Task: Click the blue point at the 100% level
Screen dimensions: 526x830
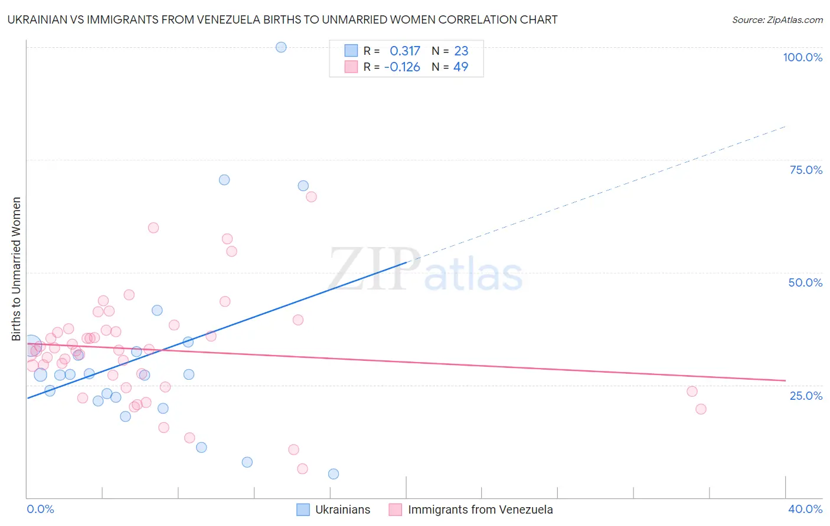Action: click(281, 47)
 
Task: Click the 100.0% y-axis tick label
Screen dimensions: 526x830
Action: click(802, 57)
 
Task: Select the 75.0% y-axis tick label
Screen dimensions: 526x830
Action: click(806, 170)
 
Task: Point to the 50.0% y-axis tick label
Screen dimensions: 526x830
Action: click(805, 282)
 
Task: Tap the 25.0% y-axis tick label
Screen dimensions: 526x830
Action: click(806, 396)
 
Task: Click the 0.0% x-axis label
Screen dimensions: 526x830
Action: click(40, 509)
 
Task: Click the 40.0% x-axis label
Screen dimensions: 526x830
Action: click(805, 509)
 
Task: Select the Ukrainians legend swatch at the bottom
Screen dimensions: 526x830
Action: click(303, 509)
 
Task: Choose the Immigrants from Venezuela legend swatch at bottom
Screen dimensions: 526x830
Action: click(396, 509)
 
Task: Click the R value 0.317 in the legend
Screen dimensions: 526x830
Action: click(405, 51)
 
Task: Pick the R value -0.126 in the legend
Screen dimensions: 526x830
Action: click(402, 67)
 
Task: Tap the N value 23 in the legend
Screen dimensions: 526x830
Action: click(461, 51)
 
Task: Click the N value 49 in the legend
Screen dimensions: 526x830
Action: click(460, 67)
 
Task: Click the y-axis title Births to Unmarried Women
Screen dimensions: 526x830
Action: click(17, 269)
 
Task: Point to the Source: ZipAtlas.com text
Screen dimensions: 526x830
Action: click(777, 20)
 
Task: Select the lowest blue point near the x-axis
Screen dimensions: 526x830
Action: click(334, 474)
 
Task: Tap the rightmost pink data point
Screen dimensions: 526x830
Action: click(701, 409)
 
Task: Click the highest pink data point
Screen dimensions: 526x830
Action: click(311, 197)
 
